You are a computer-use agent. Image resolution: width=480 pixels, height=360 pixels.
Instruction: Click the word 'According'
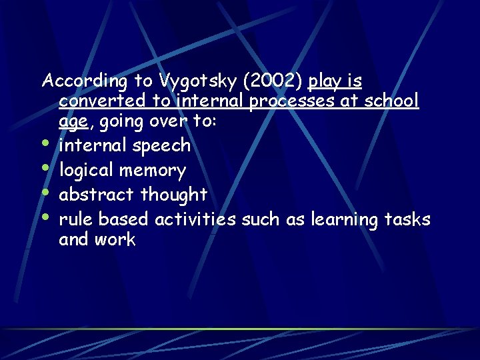[x=84, y=81]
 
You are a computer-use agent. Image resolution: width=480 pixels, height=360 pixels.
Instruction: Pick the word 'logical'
[x=87, y=171]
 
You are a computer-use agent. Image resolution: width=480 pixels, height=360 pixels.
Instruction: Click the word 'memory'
[x=153, y=171]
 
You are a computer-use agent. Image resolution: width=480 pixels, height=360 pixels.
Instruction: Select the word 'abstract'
[x=97, y=195]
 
